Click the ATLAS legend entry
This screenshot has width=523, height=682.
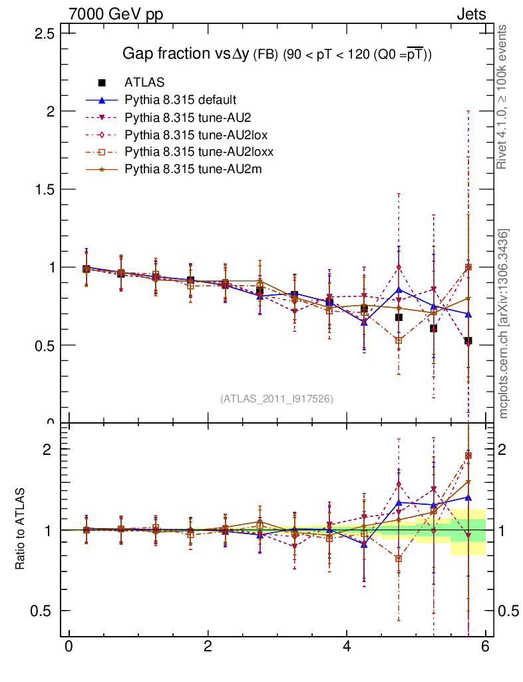[144, 83]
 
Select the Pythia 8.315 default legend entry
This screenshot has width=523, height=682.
[180, 100]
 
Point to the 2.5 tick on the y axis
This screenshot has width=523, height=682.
[45, 33]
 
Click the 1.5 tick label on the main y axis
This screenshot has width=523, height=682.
[45, 189]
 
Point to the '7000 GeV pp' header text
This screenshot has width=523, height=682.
[116, 14]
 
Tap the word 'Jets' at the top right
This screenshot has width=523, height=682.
[470, 14]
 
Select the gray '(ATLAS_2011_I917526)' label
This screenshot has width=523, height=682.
[277, 398]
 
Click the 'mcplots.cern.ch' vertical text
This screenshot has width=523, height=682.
[504, 323]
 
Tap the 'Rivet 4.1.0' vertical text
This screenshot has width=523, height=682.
[504, 97]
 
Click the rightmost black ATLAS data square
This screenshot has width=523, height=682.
[468, 340]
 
